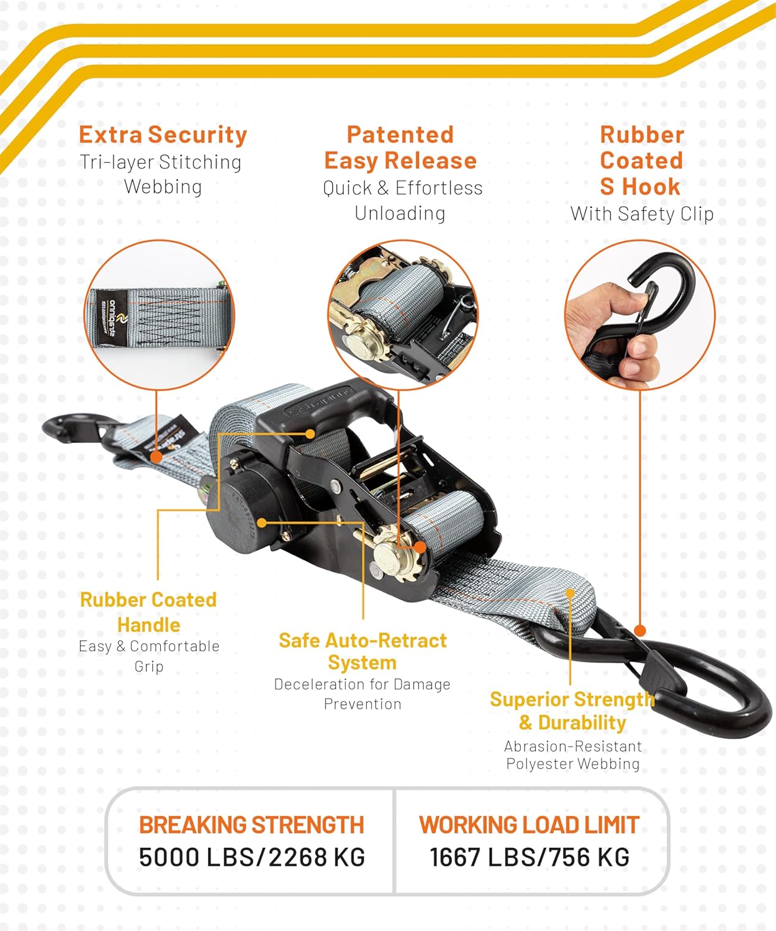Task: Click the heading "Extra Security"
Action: (163, 135)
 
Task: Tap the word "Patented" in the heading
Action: (400, 135)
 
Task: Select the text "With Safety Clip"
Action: (642, 214)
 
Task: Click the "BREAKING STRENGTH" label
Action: (251, 825)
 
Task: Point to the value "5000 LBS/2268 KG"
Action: (252, 857)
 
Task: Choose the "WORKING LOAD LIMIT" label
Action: (530, 825)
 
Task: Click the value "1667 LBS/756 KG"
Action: (530, 857)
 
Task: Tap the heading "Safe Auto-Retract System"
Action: (363, 652)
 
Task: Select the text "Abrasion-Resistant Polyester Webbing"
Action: (573, 755)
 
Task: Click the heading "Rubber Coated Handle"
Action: (148, 612)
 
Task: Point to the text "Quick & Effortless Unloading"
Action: (402, 200)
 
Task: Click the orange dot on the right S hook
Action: (640, 631)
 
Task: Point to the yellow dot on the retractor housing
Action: (262, 523)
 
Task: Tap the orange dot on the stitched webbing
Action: (156, 457)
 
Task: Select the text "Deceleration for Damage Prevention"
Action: (362, 694)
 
